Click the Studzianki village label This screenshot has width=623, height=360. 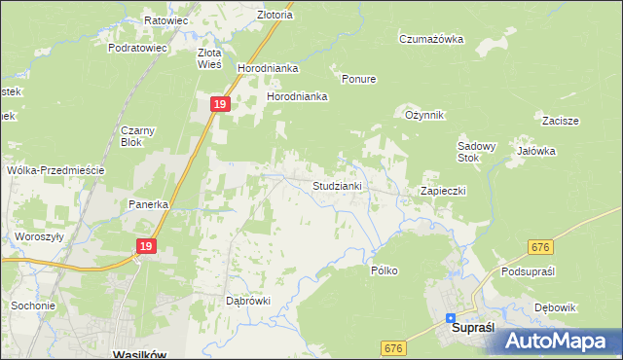338,185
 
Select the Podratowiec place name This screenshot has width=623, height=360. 138,47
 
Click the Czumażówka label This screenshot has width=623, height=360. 430,39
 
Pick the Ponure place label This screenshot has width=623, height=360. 358,79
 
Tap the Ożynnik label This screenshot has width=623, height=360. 424,115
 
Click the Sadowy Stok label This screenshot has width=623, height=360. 477,152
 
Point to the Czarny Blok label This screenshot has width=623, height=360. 138,135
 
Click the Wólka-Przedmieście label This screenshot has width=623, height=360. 55,169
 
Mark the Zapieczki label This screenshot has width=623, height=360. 443,191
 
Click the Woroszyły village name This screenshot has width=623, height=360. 39,236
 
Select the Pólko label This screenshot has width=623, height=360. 385,270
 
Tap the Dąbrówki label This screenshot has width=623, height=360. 247,301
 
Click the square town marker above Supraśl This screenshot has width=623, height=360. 451,317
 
